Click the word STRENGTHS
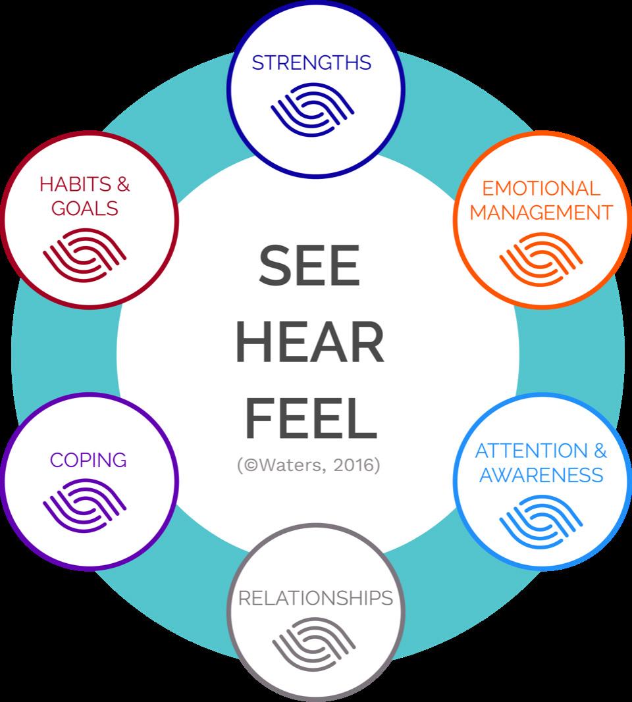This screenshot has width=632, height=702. point(311,63)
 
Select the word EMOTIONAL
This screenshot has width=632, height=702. point(541,188)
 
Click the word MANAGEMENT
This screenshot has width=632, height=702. point(541,213)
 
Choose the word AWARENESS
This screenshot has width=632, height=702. point(541,475)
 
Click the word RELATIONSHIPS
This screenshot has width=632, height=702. point(315,598)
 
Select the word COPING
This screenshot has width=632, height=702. point(88,460)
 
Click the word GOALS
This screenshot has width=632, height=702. point(84,208)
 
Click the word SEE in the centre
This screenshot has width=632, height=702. point(309,264)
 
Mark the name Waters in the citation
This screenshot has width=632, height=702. point(290,465)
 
